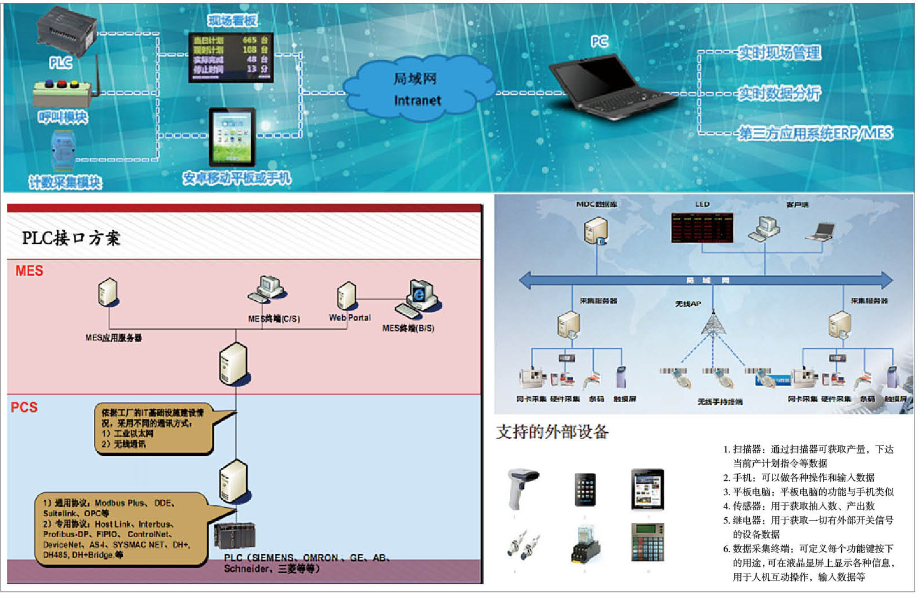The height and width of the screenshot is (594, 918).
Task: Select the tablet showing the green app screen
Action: [232, 137]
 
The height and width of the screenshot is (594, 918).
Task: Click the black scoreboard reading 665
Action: [231, 56]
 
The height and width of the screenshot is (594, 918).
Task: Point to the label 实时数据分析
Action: [779, 93]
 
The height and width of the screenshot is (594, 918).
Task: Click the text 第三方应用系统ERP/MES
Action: [815, 134]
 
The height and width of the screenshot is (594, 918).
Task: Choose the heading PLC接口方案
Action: [71, 238]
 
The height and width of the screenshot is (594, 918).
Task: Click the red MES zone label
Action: [29, 271]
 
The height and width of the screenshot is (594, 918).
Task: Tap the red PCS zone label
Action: [24, 408]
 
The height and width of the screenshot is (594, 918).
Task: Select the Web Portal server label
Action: [350, 318]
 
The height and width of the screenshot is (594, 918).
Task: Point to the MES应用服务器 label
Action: [114, 338]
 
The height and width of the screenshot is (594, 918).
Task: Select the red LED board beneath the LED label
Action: [702, 228]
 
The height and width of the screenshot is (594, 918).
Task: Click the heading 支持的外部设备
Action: [553, 432]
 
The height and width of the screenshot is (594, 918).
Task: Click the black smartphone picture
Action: [585, 489]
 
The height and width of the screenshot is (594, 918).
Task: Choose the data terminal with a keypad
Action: [647, 542]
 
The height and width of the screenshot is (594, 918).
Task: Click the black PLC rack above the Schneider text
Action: [234, 536]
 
